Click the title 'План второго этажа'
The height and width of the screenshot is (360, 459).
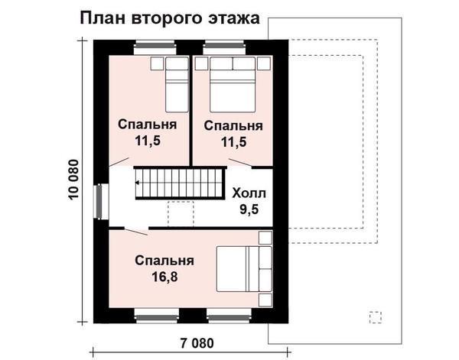point(170,19)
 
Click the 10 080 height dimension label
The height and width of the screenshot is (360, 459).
point(73,180)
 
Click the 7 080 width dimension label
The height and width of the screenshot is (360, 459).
point(197,343)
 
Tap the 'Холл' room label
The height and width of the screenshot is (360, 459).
point(249,193)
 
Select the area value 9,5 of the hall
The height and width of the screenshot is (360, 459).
point(249,209)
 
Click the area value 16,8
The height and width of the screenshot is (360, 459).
point(164,277)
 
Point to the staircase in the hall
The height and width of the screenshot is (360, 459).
point(180,183)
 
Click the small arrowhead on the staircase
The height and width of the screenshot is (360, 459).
point(137,183)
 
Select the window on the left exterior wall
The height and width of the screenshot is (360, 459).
point(99,202)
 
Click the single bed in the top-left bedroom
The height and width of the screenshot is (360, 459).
point(177,85)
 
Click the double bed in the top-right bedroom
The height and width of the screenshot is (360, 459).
point(233,85)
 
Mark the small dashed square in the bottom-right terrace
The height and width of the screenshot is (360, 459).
point(376,317)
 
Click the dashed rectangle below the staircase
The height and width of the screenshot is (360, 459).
point(181,214)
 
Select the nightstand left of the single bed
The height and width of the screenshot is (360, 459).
point(157,63)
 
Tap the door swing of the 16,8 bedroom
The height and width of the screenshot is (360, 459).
point(136,232)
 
